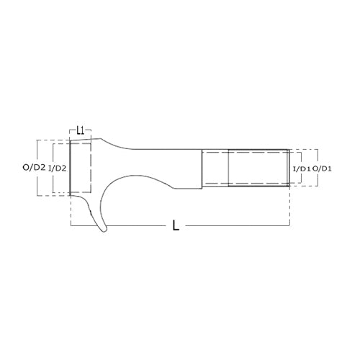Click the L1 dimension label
click(x=81, y=131)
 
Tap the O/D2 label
click(x=34, y=168)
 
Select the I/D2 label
click(x=57, y=168)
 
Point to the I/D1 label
click(x=302, y=169)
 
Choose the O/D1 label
click(x=322, y=169)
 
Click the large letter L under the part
click(x=176, y=225)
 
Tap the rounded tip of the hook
click(x=104, y=230)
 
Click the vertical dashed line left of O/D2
click(x=37, y=168)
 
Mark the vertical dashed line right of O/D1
click(x=318, y=168)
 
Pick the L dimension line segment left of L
click(x=118, y=225)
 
